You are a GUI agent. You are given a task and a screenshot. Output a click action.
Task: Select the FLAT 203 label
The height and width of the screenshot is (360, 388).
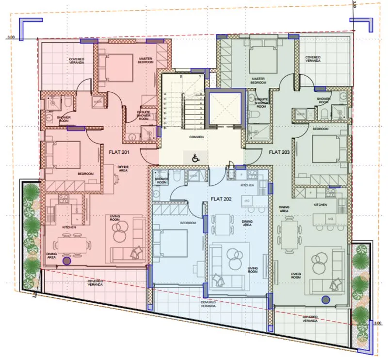279,151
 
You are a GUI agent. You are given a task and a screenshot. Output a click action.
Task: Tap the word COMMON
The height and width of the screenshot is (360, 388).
196,137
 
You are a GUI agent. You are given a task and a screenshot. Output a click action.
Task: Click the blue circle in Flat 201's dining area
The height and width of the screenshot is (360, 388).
66,261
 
